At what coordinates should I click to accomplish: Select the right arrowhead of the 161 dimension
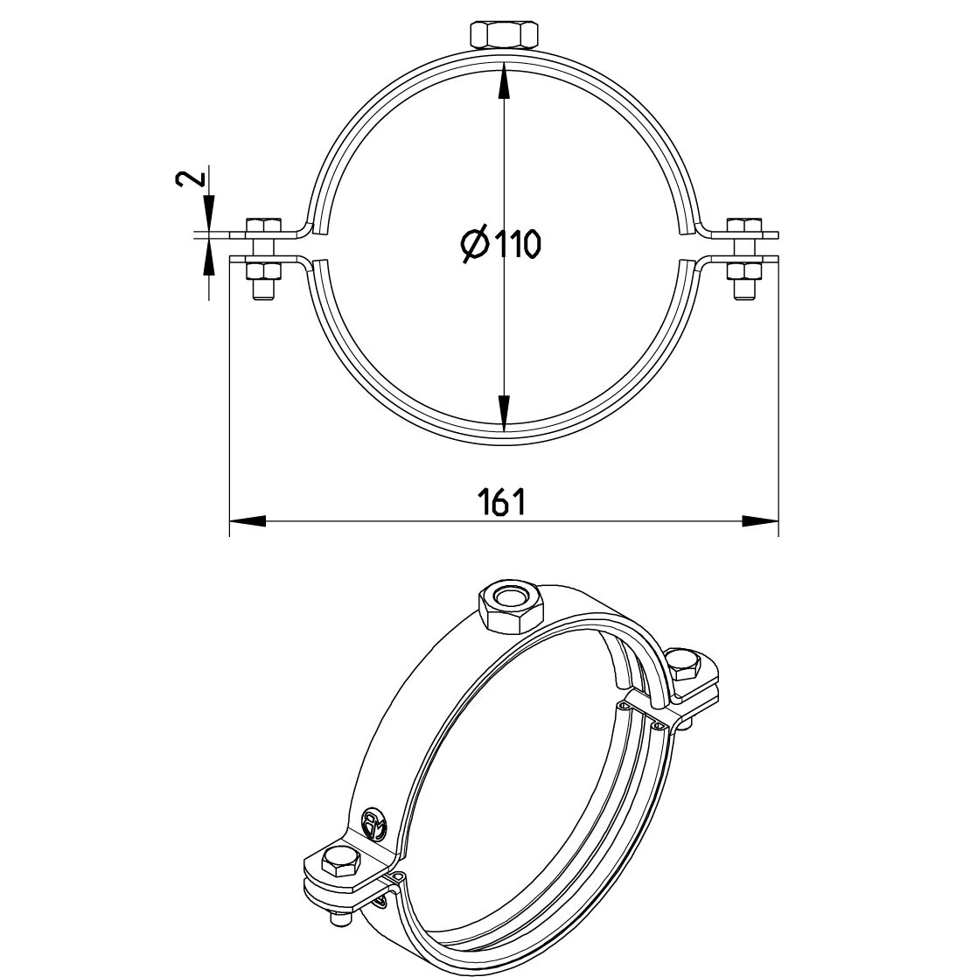pos(760,521)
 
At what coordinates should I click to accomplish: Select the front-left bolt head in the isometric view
pos(339,863)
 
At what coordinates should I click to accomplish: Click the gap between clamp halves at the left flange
pos(262,246)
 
